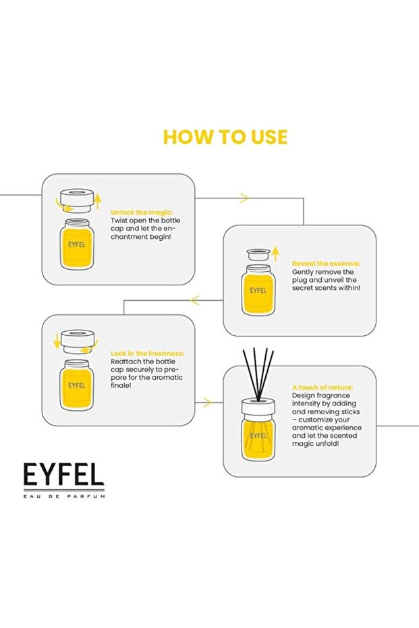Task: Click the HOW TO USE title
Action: (225, 137)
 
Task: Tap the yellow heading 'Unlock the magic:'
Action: (142, 212)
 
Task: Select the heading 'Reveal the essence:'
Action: (326, 264)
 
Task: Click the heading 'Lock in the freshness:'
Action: (147, 353)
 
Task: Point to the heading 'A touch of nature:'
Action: (323, 387)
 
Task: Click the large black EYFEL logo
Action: (63, 475)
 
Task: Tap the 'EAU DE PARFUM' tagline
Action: (64, 496)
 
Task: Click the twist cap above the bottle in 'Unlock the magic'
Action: (77, 201)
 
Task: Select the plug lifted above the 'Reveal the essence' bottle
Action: (258, 254)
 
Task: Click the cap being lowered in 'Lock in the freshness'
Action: (78, 341)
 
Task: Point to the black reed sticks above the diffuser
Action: (258, 374)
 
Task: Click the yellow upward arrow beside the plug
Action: (275, 254)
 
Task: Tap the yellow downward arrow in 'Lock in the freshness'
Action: (57, 340)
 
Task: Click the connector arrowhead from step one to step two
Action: (244, 198)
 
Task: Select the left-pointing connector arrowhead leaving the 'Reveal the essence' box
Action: (195, 300)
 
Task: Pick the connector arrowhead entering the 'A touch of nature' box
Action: (206, 403)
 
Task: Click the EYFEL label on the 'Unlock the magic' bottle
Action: (76, 244)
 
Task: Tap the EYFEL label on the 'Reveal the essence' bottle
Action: (258, 290)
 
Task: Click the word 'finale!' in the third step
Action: (121, 386)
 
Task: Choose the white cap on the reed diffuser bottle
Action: (258, 407)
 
